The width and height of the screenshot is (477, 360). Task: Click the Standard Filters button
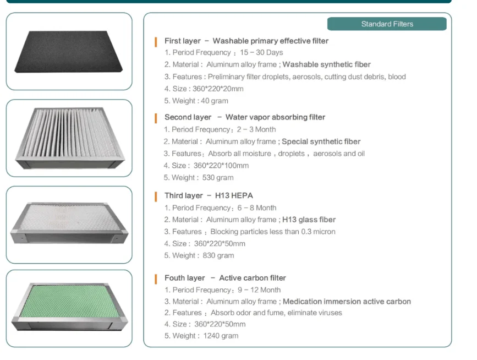click(x=387, y=24)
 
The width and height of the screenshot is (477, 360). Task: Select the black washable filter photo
click(x=69, y=51)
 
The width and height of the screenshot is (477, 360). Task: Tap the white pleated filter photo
click(x=69, y=138)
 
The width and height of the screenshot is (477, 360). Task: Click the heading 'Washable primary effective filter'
click(x=270, y=41)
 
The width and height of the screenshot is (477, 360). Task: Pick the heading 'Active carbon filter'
click(x=253, y=278)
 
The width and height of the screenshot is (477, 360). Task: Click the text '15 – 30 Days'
click(x=261, y=53)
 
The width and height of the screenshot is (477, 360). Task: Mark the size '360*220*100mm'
click(x=221, y=166)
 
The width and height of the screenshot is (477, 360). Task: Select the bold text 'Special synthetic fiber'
click(x=321, y=141)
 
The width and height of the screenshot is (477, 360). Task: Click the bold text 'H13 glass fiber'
click(x=309, y=220)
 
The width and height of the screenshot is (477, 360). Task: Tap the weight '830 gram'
click(x=218, y=255)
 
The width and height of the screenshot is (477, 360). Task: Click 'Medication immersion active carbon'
click(x=347, y=302)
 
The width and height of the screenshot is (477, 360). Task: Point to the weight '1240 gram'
click(x=221, y=336)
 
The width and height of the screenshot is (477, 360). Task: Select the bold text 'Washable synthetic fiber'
click(x=326, y=65)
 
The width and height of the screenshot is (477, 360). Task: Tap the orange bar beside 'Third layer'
click(x=157, y=195)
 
